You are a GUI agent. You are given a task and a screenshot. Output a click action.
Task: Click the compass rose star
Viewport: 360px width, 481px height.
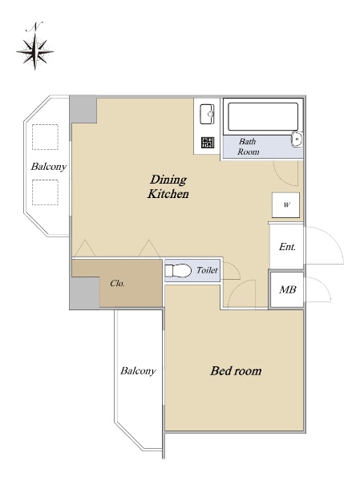click(x=35, y=51)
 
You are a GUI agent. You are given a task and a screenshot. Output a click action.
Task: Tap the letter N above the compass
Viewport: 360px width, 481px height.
click(x=34, y=27)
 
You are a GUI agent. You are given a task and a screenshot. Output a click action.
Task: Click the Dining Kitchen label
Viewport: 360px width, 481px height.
click(x=168, y=187)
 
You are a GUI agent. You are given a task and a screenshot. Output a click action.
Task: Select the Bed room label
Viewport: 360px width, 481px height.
click(x=236, y=371)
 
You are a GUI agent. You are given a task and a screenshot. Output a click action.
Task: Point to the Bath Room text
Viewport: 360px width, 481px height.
click(x=248, y=147)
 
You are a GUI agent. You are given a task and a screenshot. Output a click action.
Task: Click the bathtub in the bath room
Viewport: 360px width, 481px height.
click(x=263, y=116)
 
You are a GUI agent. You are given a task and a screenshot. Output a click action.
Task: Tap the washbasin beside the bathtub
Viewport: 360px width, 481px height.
click(x=297, y=139)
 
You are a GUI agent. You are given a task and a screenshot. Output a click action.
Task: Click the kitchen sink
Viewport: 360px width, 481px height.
click(x=207, y=114)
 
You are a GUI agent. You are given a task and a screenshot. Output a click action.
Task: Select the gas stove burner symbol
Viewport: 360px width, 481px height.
click(x=208, y=143)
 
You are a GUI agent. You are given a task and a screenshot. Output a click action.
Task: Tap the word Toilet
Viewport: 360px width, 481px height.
click(x=207, y=270)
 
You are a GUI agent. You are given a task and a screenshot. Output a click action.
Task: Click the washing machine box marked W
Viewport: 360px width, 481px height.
click(x=285, y=205)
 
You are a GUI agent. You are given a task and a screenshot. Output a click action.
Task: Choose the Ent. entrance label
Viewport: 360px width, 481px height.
click(x=287, y=247)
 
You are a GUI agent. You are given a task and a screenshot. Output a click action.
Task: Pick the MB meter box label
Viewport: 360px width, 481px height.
click(x=288, y=289)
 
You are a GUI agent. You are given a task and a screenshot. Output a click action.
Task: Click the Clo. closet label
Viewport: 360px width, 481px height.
click(x=117, y=283)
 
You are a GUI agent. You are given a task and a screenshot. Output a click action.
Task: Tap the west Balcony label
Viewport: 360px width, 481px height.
click(x=48, y=167)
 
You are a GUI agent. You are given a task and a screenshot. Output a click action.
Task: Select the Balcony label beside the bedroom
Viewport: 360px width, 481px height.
click(x=138, y=371)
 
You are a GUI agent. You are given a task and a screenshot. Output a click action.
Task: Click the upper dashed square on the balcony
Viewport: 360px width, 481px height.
click(x=45, y=137)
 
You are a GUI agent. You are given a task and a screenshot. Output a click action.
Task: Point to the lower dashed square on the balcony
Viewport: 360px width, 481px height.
click(x=45, y=192)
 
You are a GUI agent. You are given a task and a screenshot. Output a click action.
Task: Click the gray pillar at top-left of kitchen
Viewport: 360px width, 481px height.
click(x=83, y=110)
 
